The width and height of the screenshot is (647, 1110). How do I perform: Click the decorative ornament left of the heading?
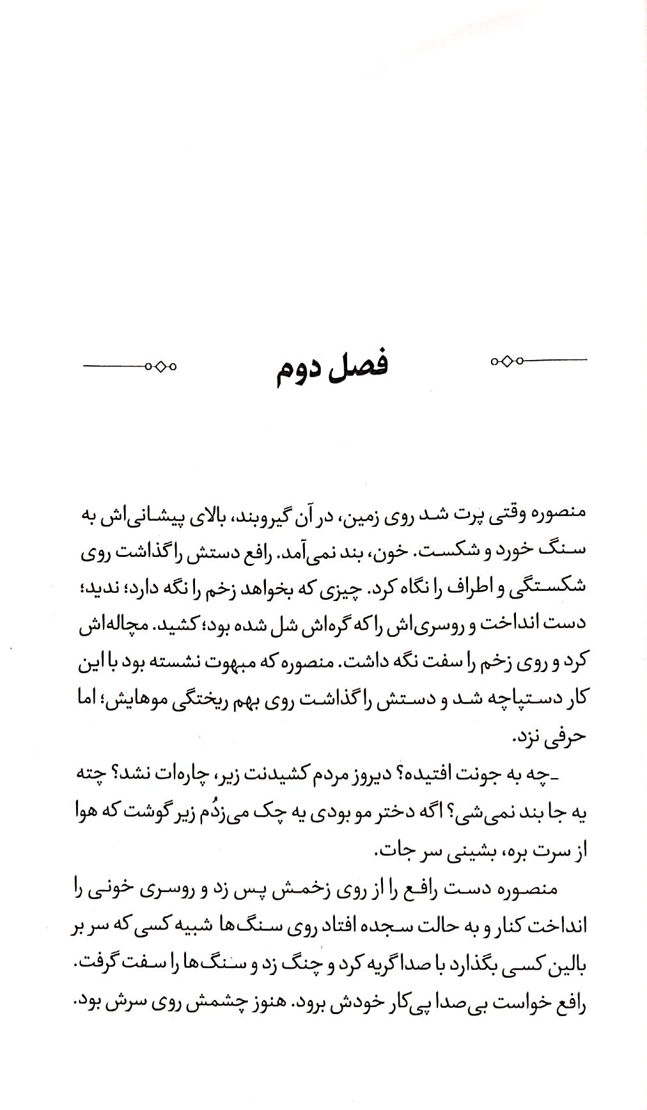130,366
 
